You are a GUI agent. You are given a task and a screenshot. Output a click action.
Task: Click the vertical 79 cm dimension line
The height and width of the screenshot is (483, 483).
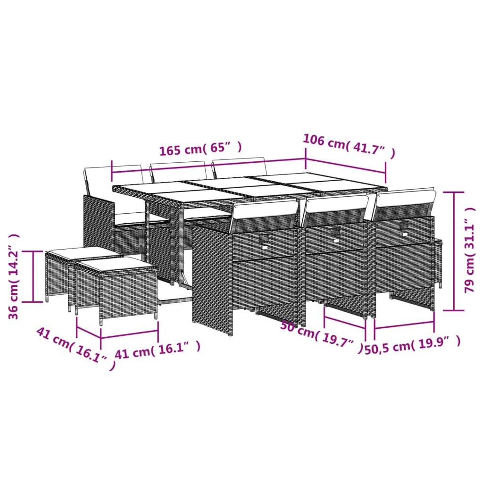tap(454, 251)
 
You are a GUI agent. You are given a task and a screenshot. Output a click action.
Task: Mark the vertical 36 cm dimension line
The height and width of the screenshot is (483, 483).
tap(34, 276)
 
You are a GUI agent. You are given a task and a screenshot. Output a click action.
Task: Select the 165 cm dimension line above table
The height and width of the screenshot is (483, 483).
tap(208, 168)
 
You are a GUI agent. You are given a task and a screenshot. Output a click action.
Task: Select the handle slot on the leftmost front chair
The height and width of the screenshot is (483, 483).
tap(265, 238)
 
